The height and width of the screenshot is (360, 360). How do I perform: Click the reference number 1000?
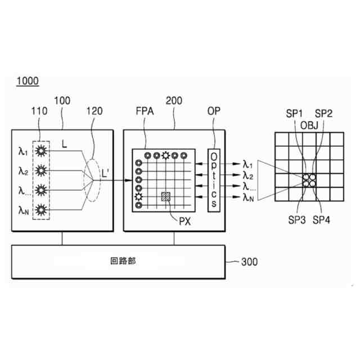(28, 82)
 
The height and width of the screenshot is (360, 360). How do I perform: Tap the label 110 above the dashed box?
(39, 111)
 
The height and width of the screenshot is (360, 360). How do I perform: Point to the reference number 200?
(174, 101)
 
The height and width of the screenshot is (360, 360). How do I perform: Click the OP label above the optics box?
(214, 111)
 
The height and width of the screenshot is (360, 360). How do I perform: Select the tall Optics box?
(213, 180)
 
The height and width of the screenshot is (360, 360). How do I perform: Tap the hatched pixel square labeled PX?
(166, 196)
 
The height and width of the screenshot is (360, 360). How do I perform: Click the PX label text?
(185, 220)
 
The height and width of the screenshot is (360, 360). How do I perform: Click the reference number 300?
(250, 262)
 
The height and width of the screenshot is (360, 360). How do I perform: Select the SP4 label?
(322, 220)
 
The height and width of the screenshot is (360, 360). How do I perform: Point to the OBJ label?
(309, 124)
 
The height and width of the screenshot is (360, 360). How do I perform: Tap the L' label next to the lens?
(105, 174)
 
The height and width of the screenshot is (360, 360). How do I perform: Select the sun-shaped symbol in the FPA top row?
(165, 156)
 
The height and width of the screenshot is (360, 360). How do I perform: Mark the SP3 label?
(296, 220)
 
